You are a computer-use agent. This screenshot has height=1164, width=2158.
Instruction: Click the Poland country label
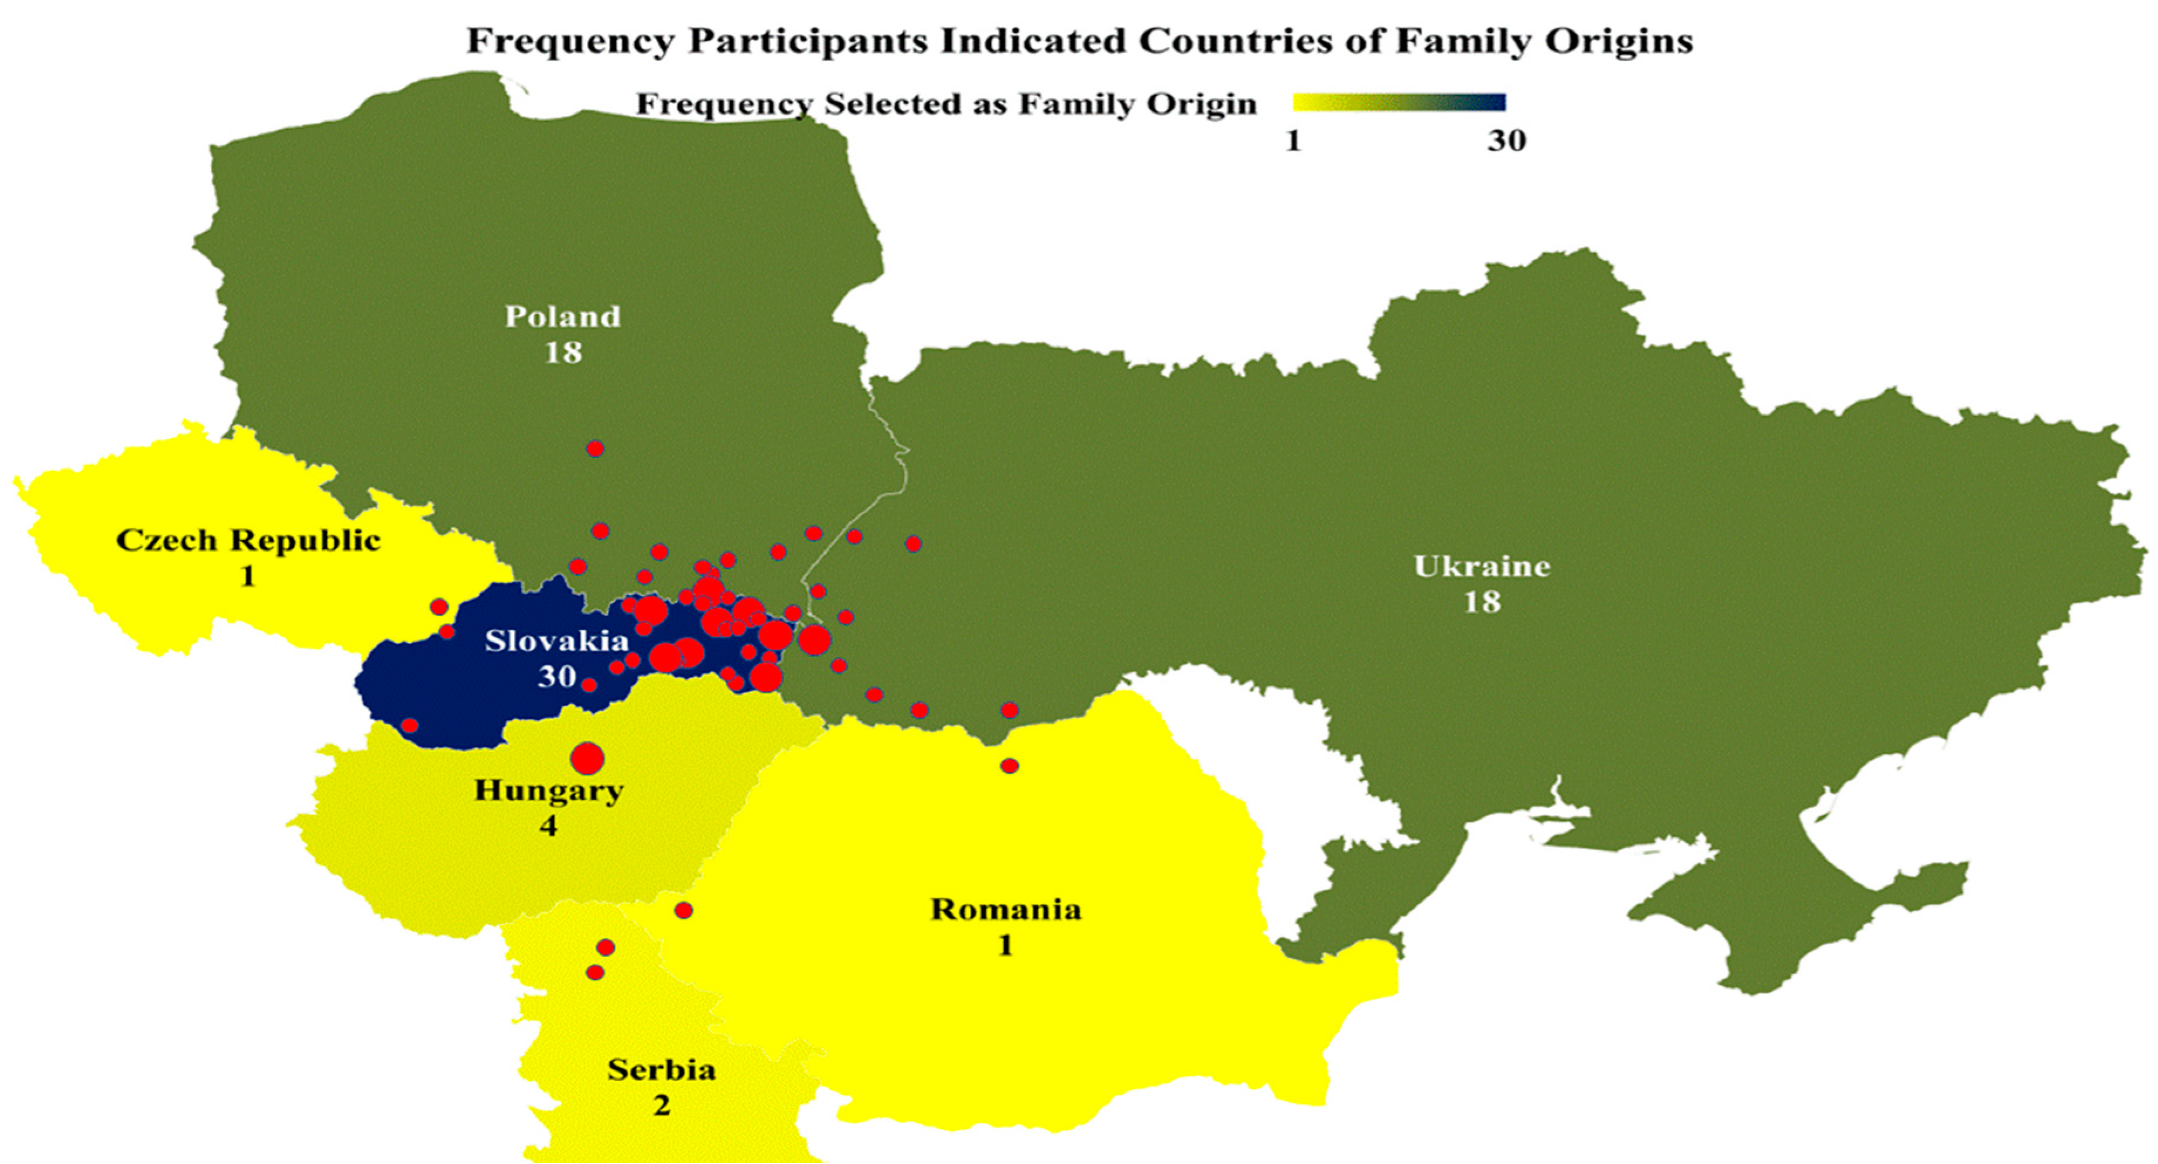point(562,317)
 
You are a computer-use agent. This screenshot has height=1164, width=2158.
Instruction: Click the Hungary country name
point(549,790)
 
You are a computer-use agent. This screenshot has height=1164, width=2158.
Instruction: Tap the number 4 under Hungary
point(548,827)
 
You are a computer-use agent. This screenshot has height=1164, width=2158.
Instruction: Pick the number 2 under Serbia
point(661,1106)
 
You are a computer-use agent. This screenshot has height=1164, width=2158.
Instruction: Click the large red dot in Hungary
point(587,759)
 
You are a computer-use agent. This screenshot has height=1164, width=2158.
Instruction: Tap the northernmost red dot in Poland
point(595,449)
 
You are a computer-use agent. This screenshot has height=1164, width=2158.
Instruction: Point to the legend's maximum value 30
point(1506,141)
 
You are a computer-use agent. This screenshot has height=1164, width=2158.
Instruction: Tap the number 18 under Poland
point(562,352)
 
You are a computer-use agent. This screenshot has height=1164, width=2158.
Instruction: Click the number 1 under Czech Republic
point(247,577)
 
